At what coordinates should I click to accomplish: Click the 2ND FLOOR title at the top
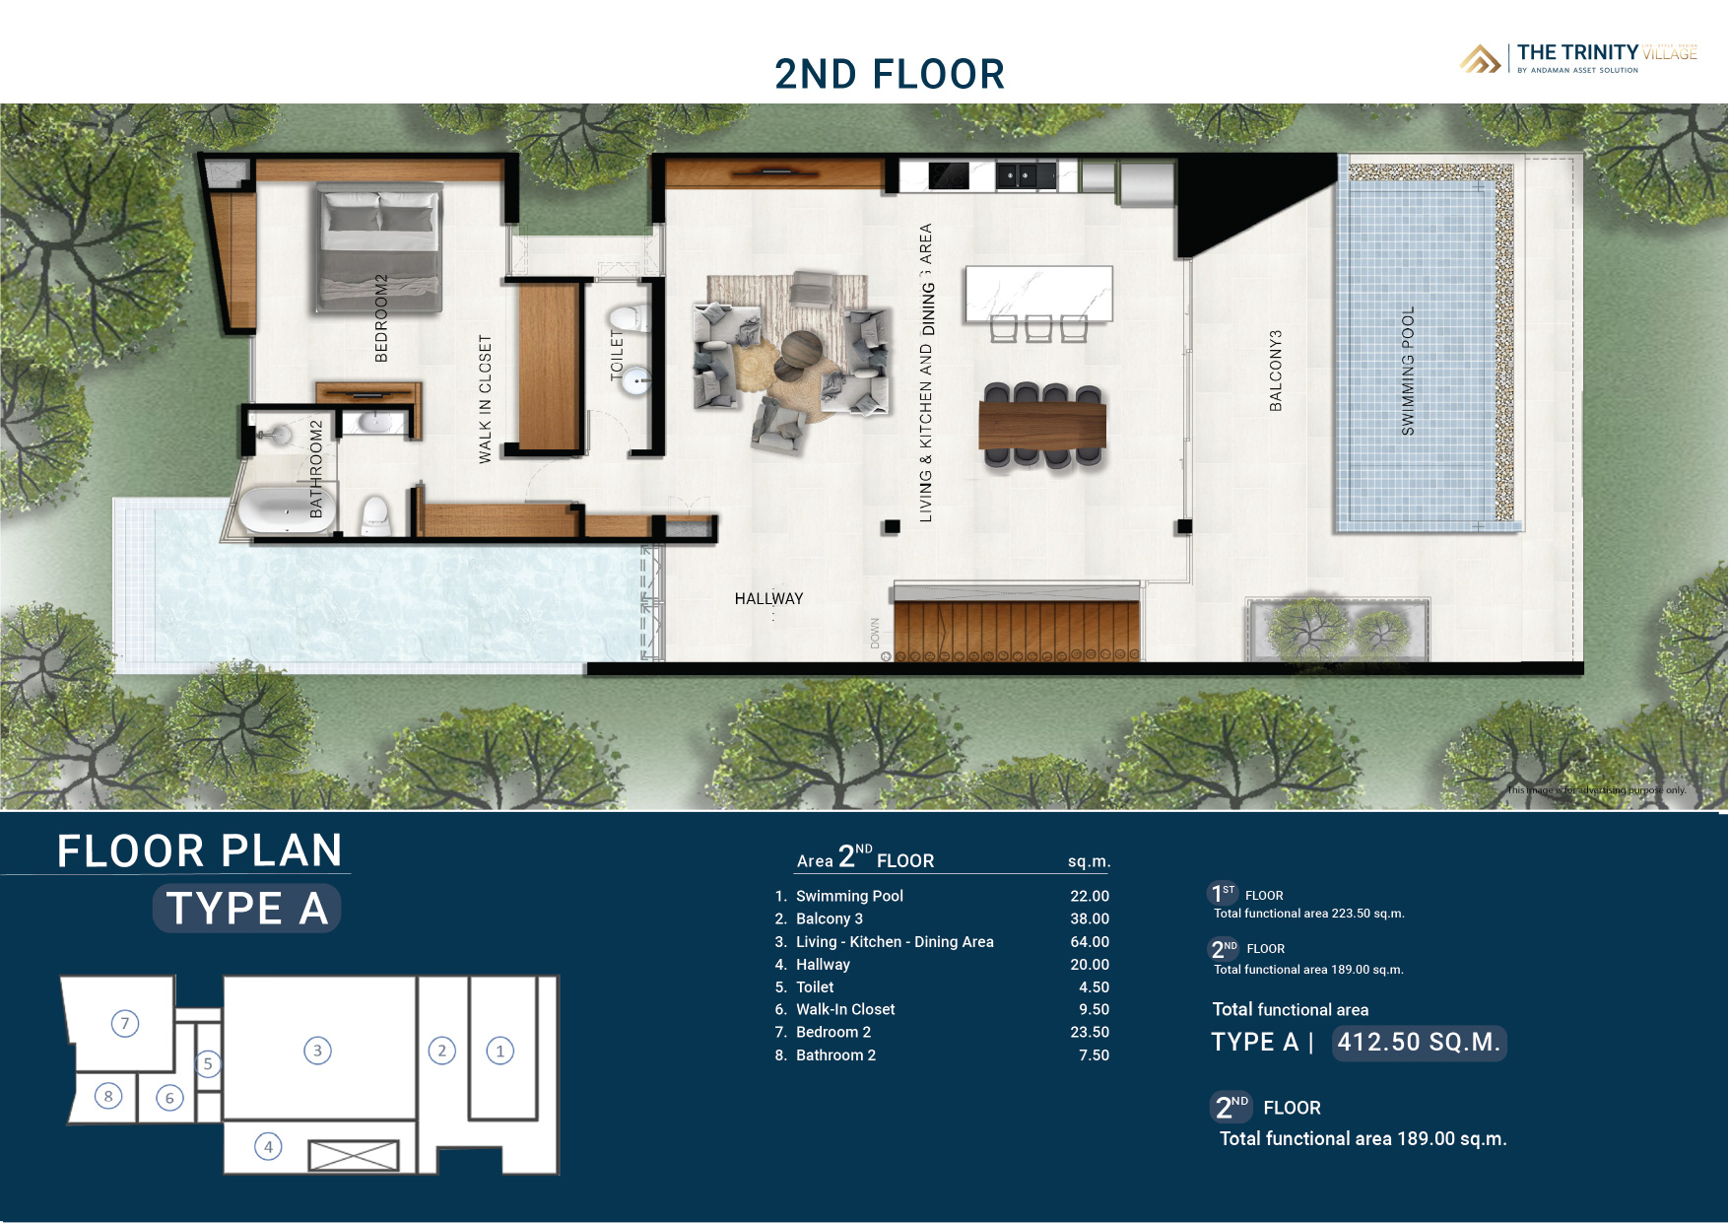pyautogui.click(x=889, y=74)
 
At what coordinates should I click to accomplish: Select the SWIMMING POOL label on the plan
pyautogui.click(x=1408, y=371)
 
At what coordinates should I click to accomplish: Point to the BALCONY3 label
pyautogui.click(x=1276, y=371)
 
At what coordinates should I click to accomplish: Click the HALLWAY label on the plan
pyautogui.click(x=768, y=598)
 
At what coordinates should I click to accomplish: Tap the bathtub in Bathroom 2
pyautogui.click(x=283, y=510)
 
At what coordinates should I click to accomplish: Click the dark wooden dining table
pyautogui.click(x=1041, y=425)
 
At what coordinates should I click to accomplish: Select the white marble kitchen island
pyautogui.click(x=1038, y=293)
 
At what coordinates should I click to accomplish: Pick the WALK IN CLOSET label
pyautogui.click(x=485, y=398)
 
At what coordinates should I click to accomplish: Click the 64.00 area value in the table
pyautogui.click(x=1090, y=941)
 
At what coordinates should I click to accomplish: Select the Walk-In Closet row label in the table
pyautogui.click(x=845, y=1009)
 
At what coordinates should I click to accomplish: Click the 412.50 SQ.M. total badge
pyautogui.click(x=1419, y=1043)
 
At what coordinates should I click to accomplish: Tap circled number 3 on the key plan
pyautogui.click(x=317, y=1051)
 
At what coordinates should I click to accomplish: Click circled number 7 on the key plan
pyautogui.click(x=125, y=1023)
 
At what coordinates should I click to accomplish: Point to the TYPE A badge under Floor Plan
pyautogui.click(x=246, y=908)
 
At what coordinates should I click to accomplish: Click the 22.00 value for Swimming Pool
pyautogui.click(x=1090, y=896)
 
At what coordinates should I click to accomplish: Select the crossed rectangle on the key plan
pyautogui.click(x=355, y=1155)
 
